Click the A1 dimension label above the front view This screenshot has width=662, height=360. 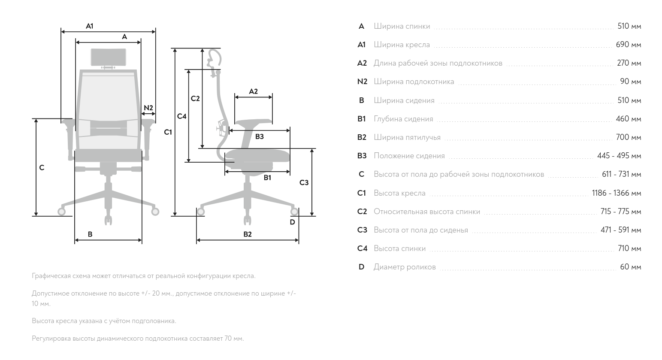(90, 26)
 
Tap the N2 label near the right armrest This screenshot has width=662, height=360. (148, 108)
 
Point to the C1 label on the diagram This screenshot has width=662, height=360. (168, 133)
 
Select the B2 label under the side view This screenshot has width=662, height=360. (248, 234)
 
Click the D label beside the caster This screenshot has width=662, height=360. (292, 222)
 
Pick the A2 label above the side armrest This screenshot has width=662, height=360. (253, 92)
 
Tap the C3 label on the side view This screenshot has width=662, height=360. (304, 183)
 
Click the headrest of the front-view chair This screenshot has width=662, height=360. (109, 57)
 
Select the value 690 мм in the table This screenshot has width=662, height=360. (628, 45)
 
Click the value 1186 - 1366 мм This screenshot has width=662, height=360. (617, 193)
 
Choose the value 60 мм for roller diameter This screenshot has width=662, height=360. (631, 267)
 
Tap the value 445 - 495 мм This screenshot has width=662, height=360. (619, 156)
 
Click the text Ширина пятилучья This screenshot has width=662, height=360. (407, 137)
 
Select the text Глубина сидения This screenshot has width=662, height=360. (403, 119)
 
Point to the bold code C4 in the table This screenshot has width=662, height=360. (362, 248)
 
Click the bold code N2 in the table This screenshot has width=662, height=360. (362, 82)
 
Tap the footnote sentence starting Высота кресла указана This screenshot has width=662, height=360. (104, 321)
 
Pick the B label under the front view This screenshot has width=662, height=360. (90, 234)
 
